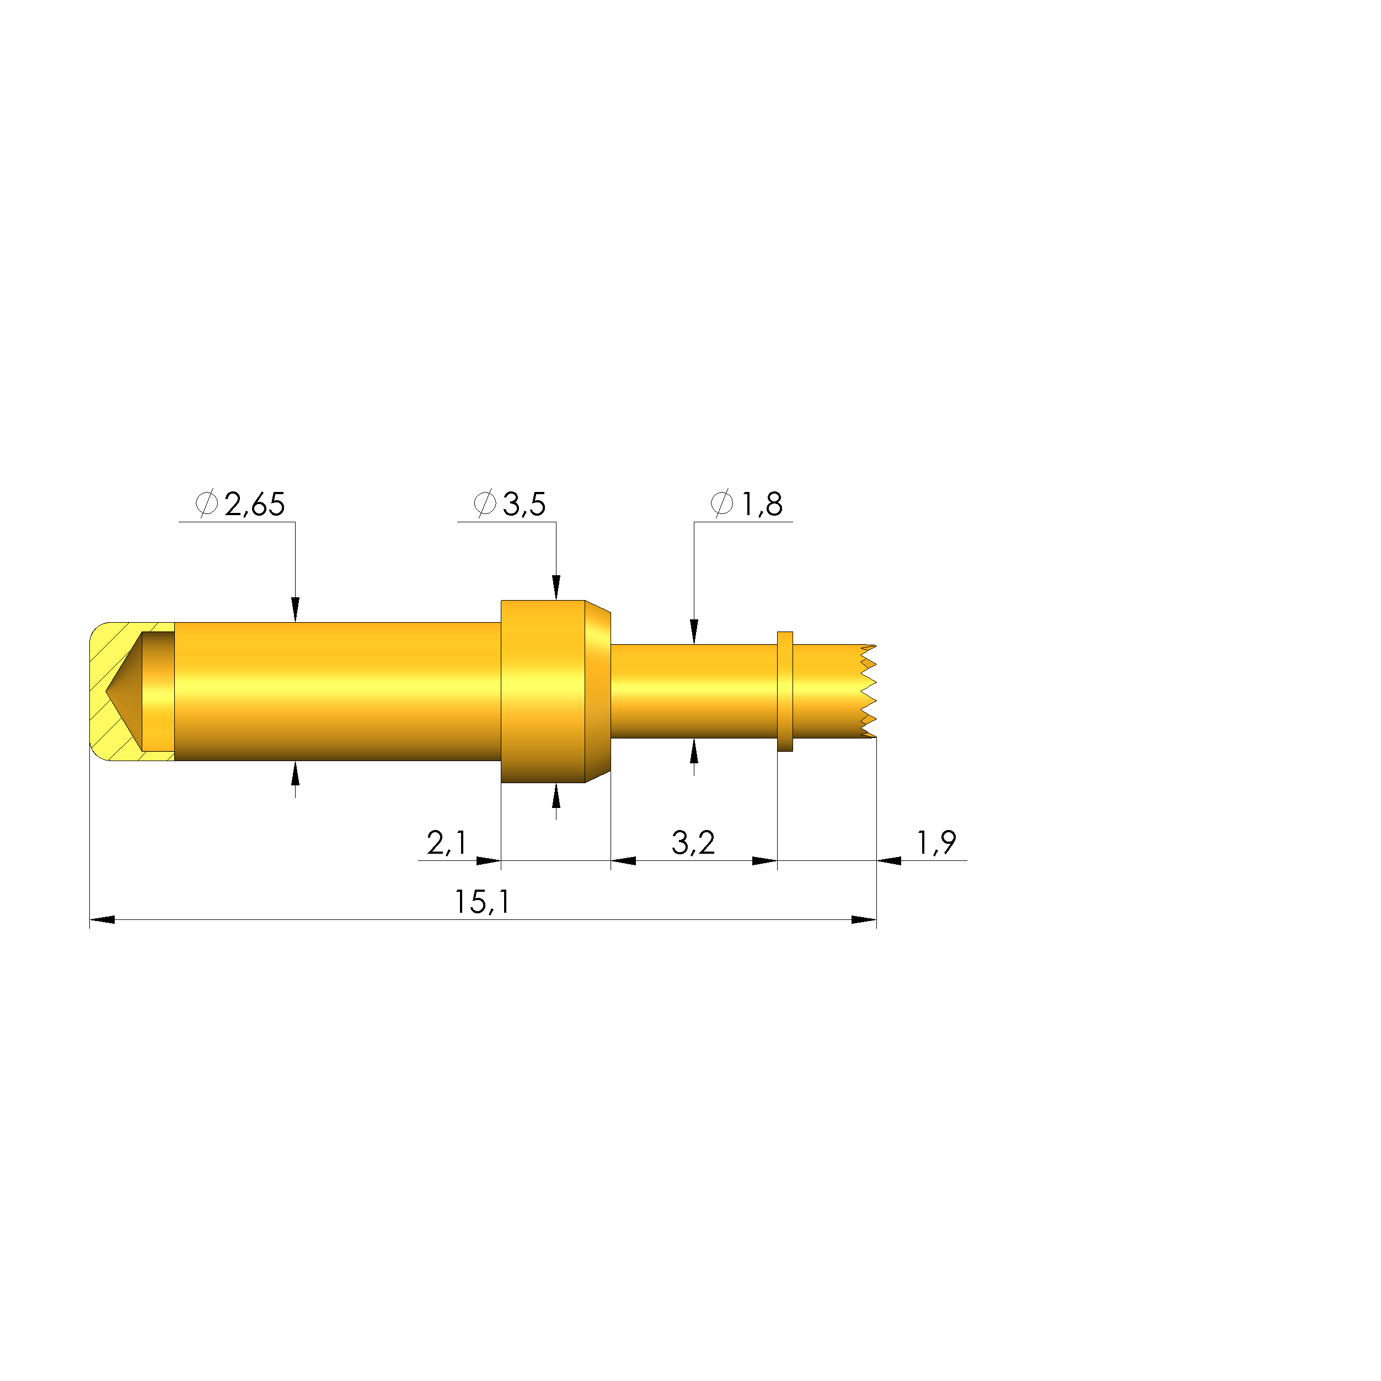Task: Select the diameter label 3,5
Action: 524,505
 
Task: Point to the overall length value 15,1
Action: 483,902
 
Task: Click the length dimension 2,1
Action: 447,843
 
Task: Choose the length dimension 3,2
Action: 693,843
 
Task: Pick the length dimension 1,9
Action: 936,843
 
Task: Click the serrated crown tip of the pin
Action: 868,691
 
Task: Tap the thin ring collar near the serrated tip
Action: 785,691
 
